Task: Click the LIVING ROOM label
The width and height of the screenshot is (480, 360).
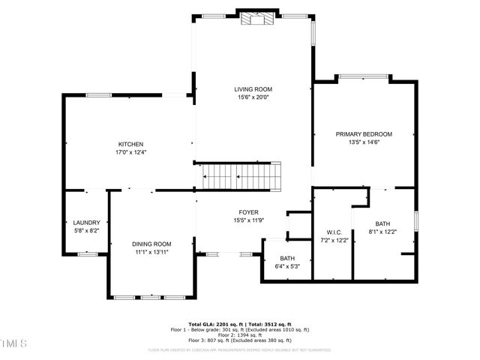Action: point(253,89)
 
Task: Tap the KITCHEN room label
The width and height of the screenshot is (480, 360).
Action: point(130,144)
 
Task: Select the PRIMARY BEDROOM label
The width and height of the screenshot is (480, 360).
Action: point(364,134)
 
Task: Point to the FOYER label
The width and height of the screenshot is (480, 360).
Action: point(249,212)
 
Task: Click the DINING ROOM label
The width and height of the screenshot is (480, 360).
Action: point(151,244)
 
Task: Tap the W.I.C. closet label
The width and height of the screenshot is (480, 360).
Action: point(334,232)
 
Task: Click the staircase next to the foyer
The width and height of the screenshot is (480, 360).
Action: point(241,178)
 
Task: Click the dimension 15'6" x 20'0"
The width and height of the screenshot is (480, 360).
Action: point(253,97)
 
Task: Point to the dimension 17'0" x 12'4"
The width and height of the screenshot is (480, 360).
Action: point(130,152)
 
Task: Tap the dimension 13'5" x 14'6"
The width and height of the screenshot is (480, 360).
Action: point(364,142)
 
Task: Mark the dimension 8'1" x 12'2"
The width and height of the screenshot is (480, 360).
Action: point(383,232)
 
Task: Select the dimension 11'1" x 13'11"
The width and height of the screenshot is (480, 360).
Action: point(151,252)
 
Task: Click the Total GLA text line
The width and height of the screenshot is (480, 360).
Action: point(239,324)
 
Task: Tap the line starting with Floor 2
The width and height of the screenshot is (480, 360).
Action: point(239,334)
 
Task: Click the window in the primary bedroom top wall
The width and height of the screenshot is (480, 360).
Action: point(364,76)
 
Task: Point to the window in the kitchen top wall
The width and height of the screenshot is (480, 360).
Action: point(99,94)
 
